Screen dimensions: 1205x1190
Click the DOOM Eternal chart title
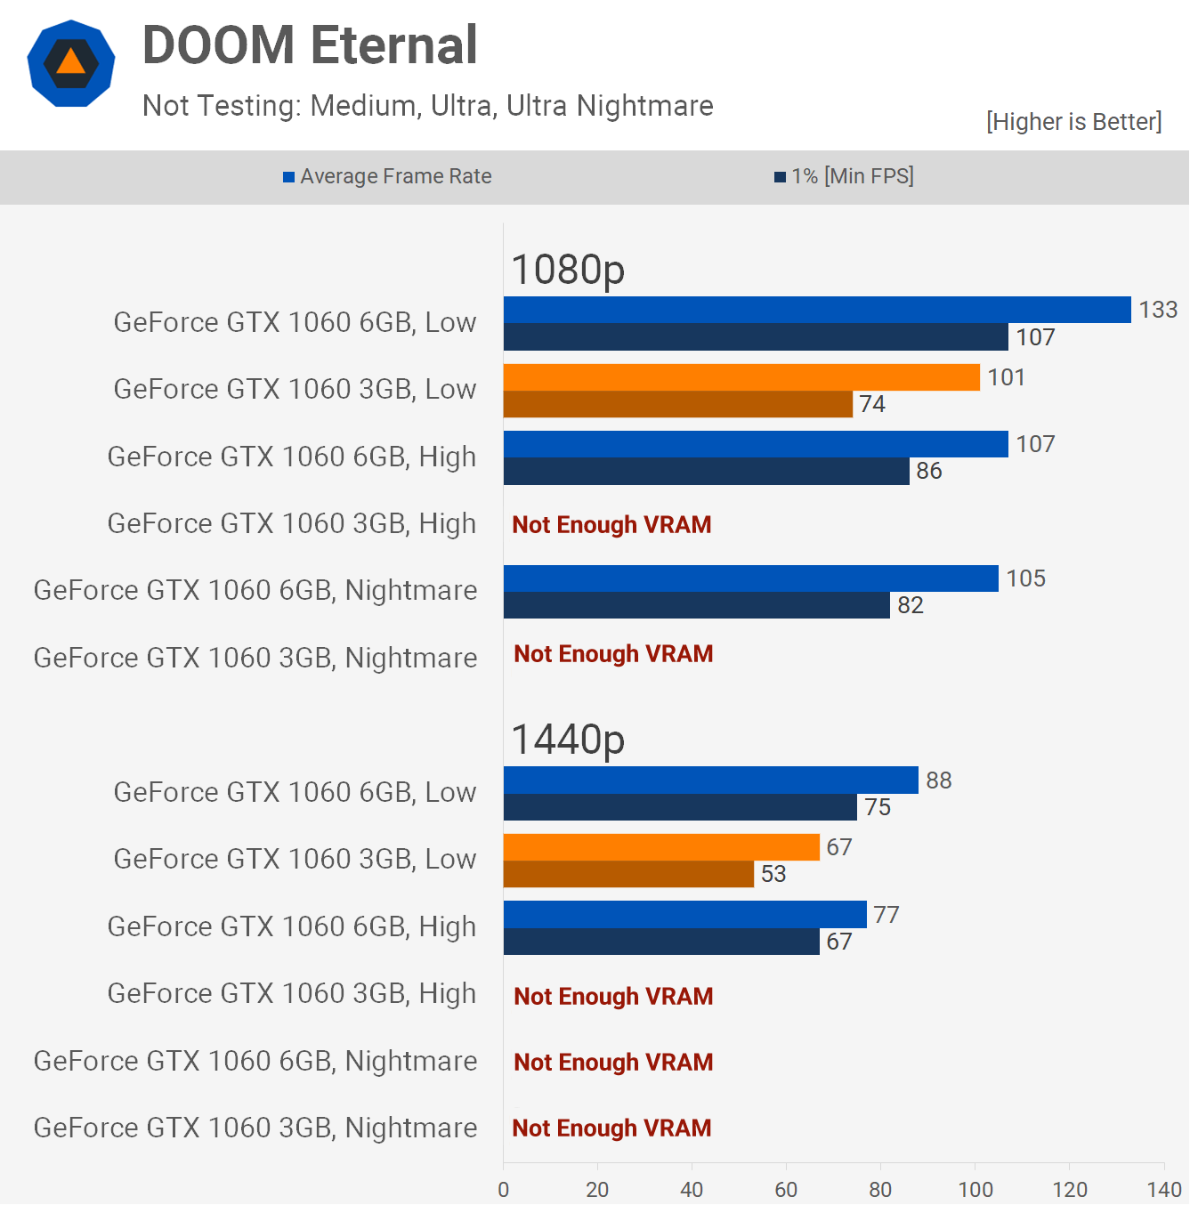pos(310,45)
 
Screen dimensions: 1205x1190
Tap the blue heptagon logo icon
pos(71,63)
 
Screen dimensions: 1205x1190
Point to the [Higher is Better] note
pos(1073,121)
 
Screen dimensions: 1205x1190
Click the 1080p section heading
pos(568,269)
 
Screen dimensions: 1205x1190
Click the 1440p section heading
pos(568,739)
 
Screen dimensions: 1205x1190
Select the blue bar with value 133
pos(817,310)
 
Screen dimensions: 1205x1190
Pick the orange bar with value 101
pos(741,377)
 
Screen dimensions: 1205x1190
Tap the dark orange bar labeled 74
pos(678,404)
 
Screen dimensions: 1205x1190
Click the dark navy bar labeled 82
pos(697,605)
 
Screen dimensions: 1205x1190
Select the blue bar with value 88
pos(711,780)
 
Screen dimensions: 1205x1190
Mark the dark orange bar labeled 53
pos(628,874)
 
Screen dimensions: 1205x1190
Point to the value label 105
pos(1025,578)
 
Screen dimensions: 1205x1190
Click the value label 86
pos(928,471)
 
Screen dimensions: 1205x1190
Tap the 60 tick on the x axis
pos(786,1189)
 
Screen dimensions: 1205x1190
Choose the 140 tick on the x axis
pos(1163,1189)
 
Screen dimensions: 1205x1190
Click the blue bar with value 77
pos(685,915)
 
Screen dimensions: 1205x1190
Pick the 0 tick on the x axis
pos(504,1189)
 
